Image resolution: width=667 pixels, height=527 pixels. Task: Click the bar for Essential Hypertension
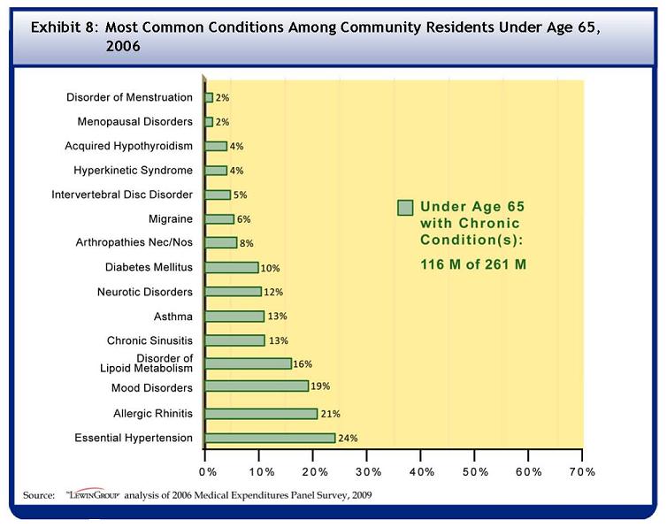pyautogui.click(x=270, y=438)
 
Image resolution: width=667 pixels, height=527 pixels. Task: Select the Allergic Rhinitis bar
pyautogui.click(x=261, y=413)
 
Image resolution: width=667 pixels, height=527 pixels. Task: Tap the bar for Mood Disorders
pyautogui.click(x=257, y=386)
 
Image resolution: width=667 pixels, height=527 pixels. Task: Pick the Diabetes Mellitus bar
pyautogui.click(x=232, y=267)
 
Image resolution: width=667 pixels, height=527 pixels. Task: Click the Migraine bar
pyautogui.click(x=219, y=218)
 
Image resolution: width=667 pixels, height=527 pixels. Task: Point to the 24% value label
pyautogui.click(x=348, y=438)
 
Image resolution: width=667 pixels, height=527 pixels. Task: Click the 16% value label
pyautogui.click(x=303, y=363)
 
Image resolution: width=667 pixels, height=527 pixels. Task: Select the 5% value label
pyautogui.click(x=240, y=195)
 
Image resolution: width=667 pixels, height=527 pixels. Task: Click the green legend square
pyautogui.click(x=405, y=208)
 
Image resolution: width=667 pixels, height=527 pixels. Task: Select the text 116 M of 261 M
pyautogui.click(x=473, y=263)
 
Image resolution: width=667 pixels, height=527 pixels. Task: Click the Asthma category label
pyautogui.click(x=173, y=316)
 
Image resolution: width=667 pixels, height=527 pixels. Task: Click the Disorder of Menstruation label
pyautogui.click(x=129, y=97)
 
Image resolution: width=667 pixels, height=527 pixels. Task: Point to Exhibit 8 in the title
pyautogui.click(x=64, y=27)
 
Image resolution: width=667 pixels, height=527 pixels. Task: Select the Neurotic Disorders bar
pyautogui.click(x=233, y=292)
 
